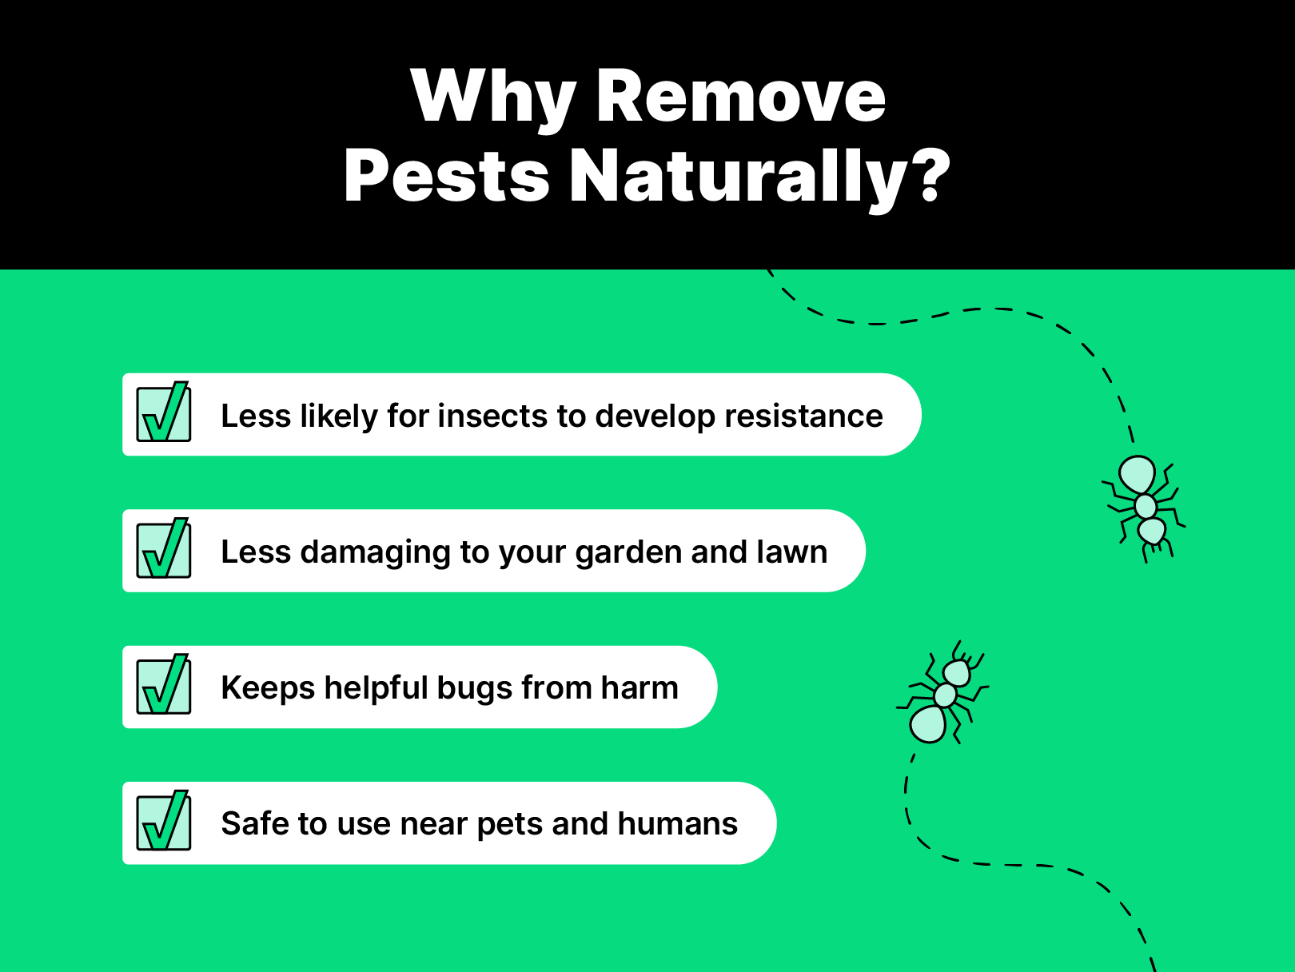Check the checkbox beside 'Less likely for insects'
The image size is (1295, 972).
tap(164, 414)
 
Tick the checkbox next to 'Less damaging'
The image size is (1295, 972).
tap(164, 550)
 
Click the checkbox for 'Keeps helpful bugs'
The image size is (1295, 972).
tap(164, 686)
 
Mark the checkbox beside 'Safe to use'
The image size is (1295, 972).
tap(164, 822)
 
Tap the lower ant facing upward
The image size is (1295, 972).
tap(943, 694)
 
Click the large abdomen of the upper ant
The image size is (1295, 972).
tap(1137, 475)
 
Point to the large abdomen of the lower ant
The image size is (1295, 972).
tap(928, 724)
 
